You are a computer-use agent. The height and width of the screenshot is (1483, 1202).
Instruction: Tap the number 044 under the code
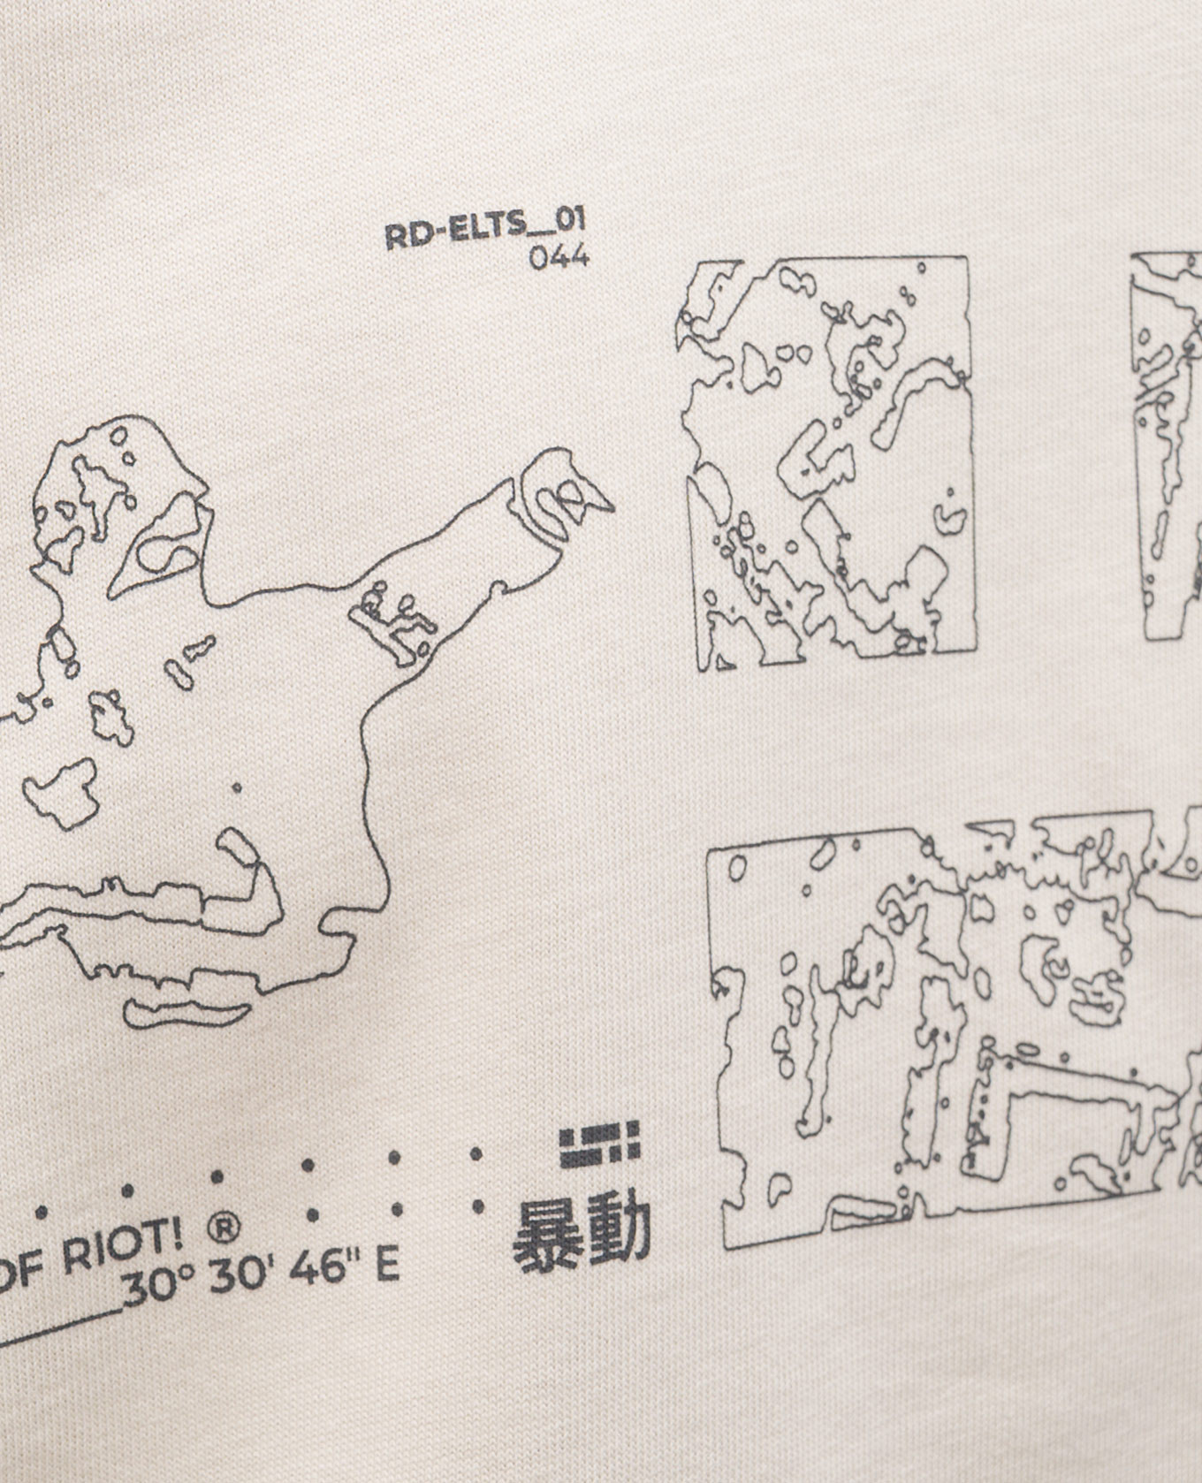tap(559, 257)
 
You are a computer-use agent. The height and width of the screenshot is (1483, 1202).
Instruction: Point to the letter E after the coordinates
tap(386, 1266)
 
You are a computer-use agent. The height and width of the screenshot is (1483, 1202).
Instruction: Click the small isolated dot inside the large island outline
tap(236, 787)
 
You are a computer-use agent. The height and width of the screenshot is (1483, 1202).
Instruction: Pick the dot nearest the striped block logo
tap(476, 1154)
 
